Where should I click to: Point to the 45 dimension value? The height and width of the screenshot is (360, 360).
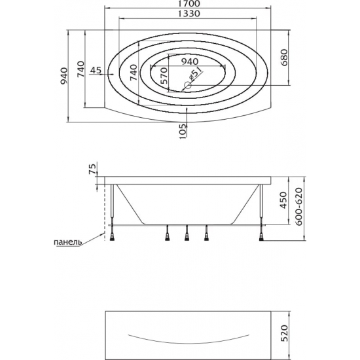pos(96,70)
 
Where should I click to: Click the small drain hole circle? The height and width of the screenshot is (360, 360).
pos(188,85)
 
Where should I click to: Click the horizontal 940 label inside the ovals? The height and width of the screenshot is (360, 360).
pos(190,62)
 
